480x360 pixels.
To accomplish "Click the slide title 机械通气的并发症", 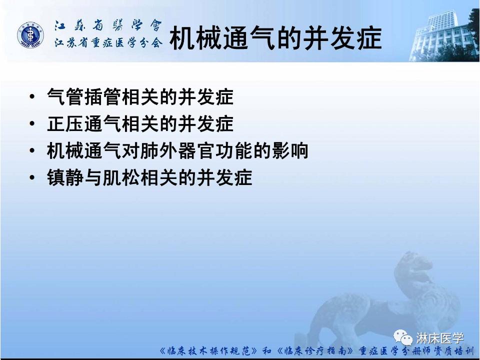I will [x=276, y=38].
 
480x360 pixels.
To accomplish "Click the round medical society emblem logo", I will [x=31, y=35].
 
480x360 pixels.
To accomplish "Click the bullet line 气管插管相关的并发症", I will [x=140, y=96].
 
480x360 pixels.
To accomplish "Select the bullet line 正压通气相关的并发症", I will [x=140, y=123].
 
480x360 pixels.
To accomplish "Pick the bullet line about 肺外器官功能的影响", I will [x=177, y=150].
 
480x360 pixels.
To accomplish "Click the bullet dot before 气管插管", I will [x=32, y=97].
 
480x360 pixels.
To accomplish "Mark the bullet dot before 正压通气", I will [x=32, y=124].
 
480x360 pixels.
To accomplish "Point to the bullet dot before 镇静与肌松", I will [x=32, y=178].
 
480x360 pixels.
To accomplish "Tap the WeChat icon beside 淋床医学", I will [x=403, y=337].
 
